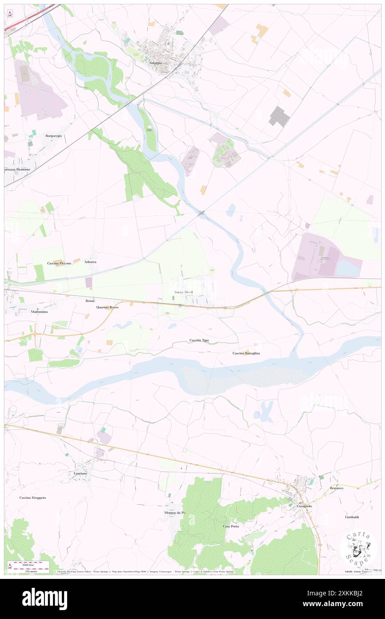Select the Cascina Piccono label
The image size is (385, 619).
(x=60, y=264)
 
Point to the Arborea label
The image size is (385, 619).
(x=90, y=262)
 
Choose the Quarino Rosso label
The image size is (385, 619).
(x=107, y=307)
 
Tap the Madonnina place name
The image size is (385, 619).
(x=39, y=312)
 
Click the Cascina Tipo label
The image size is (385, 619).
(x=199, y=340)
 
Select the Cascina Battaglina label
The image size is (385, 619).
(x=246, y=353)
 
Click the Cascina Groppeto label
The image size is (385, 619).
(x=33, y=497)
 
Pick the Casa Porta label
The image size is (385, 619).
(x=231, y=526)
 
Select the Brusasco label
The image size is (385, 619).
(x=338, y=489)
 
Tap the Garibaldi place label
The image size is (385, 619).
(x=352, y=517)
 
